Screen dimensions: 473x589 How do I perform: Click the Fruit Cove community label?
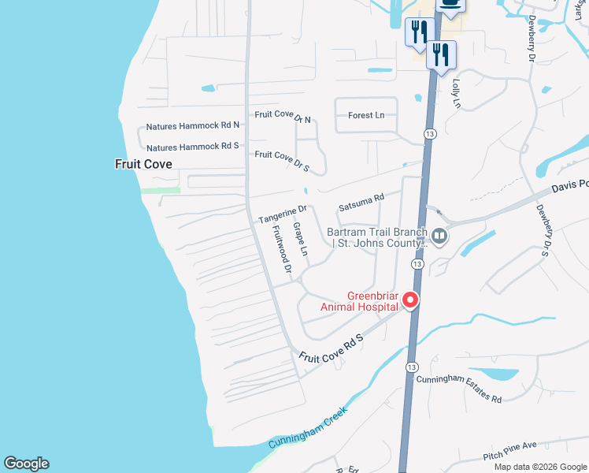(143, 164)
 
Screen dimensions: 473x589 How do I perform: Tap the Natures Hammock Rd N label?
(193, 126)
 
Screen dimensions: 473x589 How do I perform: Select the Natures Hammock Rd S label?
(193, 147)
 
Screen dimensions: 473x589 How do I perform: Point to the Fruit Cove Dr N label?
(283, 116)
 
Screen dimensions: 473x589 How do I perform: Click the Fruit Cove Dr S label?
(282, 155)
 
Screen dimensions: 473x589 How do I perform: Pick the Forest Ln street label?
(366, 115)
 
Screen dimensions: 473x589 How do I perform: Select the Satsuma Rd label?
(361, 203)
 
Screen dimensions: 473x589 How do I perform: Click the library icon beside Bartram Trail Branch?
(439, 236)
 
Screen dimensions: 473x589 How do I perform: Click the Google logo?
(26, 464)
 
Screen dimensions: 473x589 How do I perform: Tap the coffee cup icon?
(450, 5)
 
